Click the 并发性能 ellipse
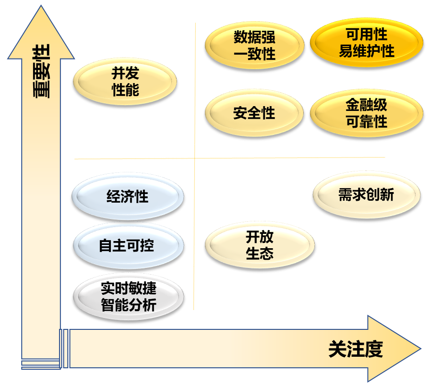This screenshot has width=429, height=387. tap(125, 82)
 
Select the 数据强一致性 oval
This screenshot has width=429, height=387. tap(255, 45)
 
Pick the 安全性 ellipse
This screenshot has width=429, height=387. tap(255, 113)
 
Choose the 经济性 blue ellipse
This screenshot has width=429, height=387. tap(128, 196)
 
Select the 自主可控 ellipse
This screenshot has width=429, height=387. tap(128, 246)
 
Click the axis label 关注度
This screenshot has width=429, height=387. tap(356, 349)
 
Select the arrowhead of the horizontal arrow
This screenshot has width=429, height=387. tap(393, 349)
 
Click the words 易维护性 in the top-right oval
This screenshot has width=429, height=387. tap(367, 51)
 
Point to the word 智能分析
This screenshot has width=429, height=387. tap(129, 305)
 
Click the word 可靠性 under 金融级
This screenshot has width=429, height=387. tap(367, 121)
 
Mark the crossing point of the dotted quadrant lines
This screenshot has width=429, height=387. tap(195, 158)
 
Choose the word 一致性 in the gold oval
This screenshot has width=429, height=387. tap(255, 53)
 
